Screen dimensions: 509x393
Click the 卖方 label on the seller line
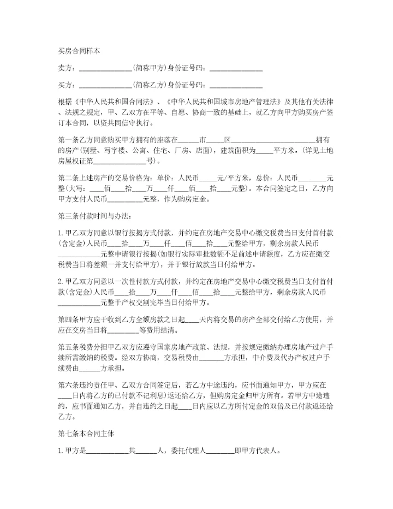[x=65, y=68]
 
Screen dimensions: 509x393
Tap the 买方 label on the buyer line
[x=65, y=85]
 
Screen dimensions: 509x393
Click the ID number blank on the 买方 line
[x=236, y=86]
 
